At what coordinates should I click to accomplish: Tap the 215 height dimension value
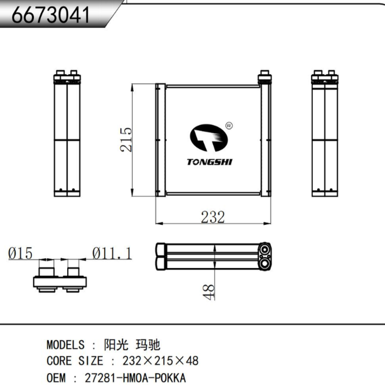[126, 139]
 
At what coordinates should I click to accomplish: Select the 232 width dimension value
[213, 217]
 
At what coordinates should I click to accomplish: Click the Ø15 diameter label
[21, 253]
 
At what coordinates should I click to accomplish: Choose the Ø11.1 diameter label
[111, 253]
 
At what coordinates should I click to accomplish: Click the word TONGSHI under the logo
[209, 162]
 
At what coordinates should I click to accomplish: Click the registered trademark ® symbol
[229, 125]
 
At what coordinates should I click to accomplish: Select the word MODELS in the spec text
[65, 344]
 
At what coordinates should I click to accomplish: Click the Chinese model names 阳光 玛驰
[132, 344]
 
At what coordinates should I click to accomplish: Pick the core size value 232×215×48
[160, 360]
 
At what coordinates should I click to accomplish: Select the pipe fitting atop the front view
[265, 77]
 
